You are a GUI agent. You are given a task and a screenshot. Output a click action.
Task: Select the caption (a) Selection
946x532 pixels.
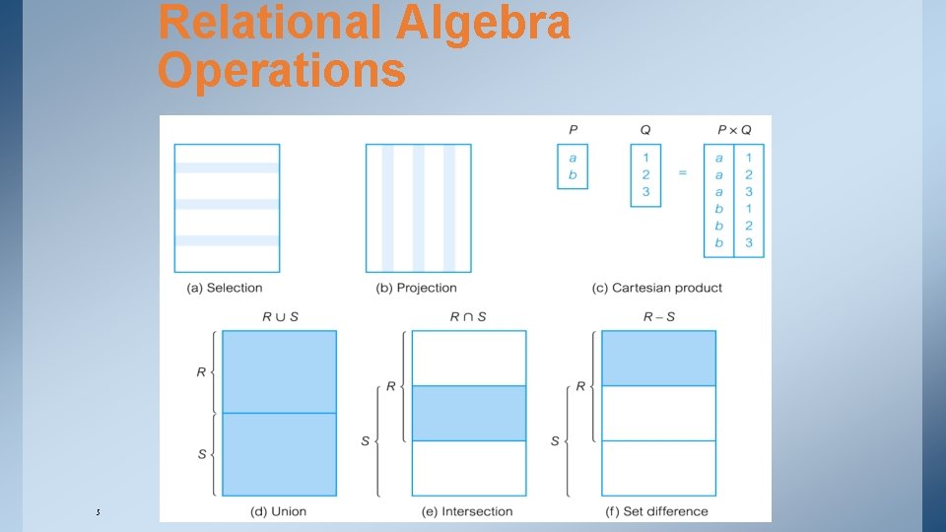(x=225, y=288)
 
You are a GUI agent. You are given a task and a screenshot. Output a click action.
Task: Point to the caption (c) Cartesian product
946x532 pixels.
(x=657, y=288)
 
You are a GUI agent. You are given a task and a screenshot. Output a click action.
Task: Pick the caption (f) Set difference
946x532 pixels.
(x=656, y=511)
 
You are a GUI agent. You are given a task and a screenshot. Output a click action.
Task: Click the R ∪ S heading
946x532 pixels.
(x=280, y=316)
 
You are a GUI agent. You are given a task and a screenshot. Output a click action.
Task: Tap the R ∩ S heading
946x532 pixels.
(x=468, y=316)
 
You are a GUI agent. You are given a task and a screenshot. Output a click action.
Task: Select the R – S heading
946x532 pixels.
(x=658, y=316)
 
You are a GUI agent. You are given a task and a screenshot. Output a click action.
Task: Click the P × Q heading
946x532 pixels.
(x=733, y=129)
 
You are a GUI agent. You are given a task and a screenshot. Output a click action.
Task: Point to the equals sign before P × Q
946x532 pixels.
(x=682, y=173)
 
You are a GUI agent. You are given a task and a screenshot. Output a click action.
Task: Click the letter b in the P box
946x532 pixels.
(x=573, y=175)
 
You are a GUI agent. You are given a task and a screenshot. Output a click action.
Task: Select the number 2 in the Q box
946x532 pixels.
(x=645, y=174)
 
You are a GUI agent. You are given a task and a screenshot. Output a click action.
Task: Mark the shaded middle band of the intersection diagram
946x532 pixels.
(x=468, y=413)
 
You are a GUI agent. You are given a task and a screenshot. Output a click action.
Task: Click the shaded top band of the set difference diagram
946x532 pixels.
(x=658, y=358)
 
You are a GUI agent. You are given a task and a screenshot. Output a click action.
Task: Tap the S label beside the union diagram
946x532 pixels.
(x=201, y=454)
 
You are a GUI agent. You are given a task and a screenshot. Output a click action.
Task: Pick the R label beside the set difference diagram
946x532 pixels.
(x=580, y=385)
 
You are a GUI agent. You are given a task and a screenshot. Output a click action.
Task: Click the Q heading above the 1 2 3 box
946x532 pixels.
(x=645, y=129)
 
